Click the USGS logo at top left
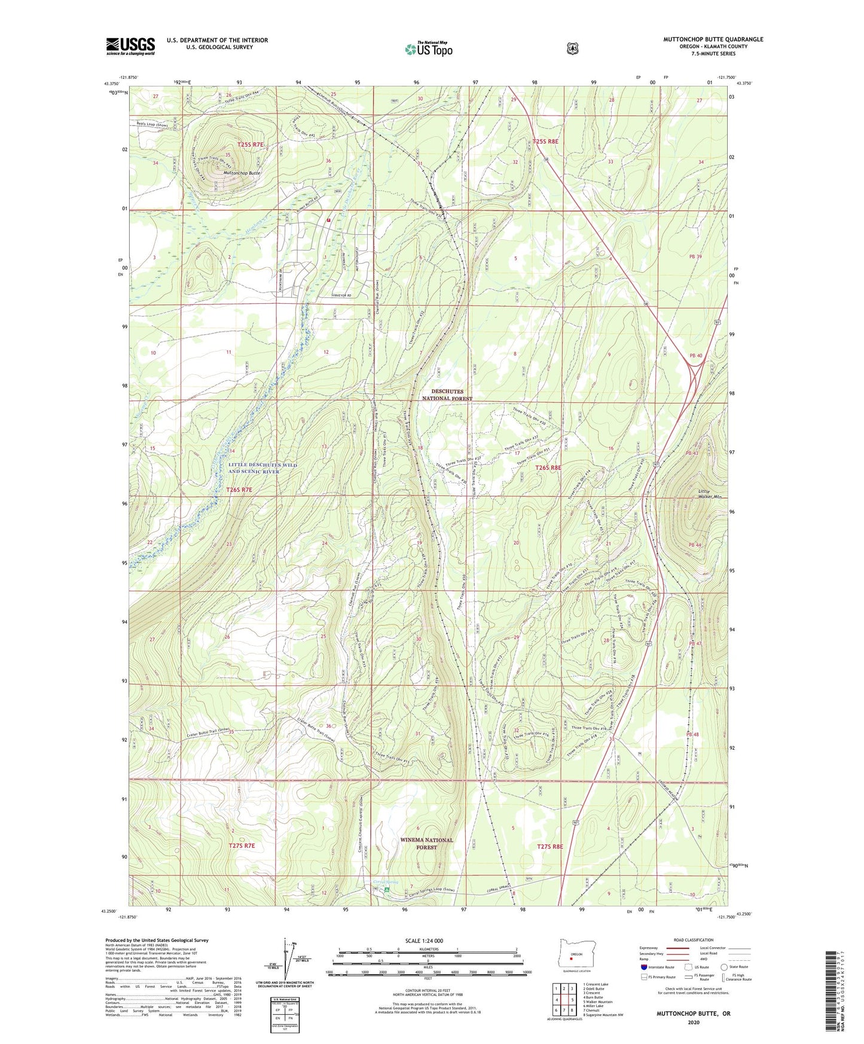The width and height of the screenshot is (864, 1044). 130,46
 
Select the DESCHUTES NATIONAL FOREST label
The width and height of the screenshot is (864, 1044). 447,395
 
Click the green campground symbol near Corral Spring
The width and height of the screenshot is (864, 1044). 387,890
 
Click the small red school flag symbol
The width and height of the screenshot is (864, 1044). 328,220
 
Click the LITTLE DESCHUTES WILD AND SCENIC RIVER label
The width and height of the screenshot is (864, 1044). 254,468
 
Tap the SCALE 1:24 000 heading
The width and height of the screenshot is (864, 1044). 424,941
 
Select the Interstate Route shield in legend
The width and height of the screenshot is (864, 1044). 643,967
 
